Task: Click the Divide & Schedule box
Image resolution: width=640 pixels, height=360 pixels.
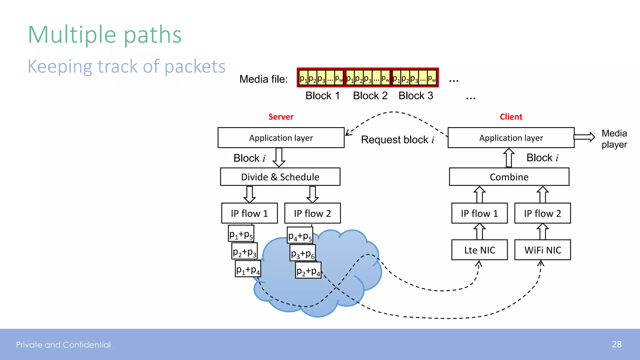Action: pyautogui.click(x=280, y=177)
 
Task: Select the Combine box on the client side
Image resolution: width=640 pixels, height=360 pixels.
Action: pyautogui.click(x=509, y=177)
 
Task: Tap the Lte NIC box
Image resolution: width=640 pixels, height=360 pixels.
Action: pyautogui.click(x=479, y=250)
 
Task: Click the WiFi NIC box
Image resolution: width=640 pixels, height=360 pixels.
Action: pyautogui.click(x=542, y=250)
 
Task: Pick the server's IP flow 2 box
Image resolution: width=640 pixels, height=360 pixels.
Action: pyautogui.click(x=312, y=213)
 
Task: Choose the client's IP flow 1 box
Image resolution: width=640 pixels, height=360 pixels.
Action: pyautogui.click(x=479, y=213)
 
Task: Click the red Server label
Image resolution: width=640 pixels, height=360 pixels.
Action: pyautogui.click(x=281, y=117)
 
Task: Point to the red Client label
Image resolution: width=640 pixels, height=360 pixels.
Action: pyautogui.click(x=511, y=117)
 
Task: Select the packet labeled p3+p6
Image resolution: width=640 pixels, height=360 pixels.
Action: pyautogui.click(x=302, y=253)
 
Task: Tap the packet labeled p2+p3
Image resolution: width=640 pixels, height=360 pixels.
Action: pyautogui.click(x=244, y=252)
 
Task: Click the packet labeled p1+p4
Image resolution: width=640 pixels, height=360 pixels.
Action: pyautogui.click(x=248, y=269)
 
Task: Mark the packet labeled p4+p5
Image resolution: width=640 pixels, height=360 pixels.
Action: pyautogui.click(x=300, y=236)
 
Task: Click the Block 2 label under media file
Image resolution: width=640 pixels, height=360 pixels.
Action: pyautogui.click(x=370, y=96)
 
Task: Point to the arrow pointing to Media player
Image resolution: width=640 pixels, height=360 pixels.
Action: pyautogui.click(x=584, y=137)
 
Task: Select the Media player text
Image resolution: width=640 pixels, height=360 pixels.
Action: pyautogui.click(x=614, y=139)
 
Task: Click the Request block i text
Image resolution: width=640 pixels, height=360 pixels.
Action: pyautogui.click(x=397, y=140)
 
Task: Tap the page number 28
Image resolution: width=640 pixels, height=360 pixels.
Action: pyautogui.click(x=616, y=344)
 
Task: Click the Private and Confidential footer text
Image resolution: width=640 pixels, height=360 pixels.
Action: pyautogui.click(x=63, y=345)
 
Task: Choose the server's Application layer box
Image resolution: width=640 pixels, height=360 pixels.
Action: pyautogui.click(x=281, y=138)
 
